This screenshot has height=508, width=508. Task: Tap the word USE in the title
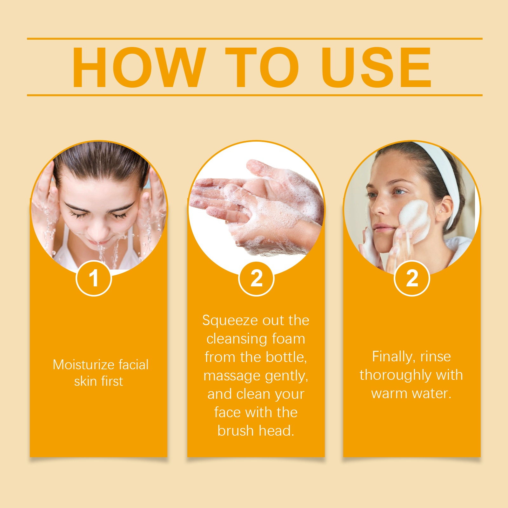[376, 67]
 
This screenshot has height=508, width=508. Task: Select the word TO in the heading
[262, 67]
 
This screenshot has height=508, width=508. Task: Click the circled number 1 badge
[94, 278]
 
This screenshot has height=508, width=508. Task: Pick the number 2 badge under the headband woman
[412, 278]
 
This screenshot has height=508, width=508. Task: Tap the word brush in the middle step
[236, 431]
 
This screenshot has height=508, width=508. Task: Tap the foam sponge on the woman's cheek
[414, 219]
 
